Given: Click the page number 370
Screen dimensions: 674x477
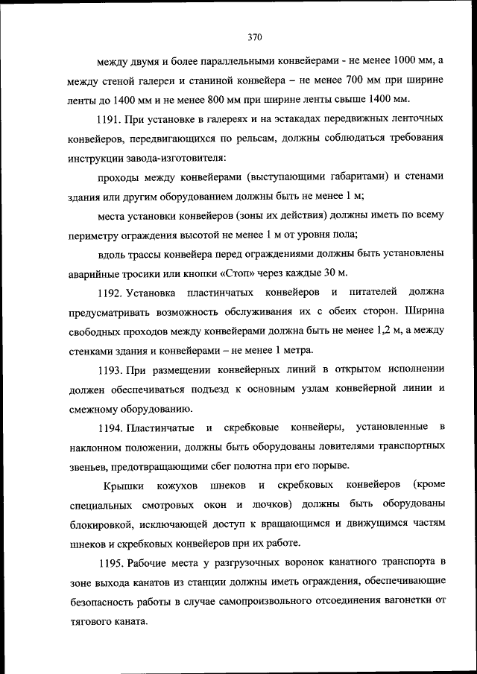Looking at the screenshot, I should [x=254, y=36].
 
